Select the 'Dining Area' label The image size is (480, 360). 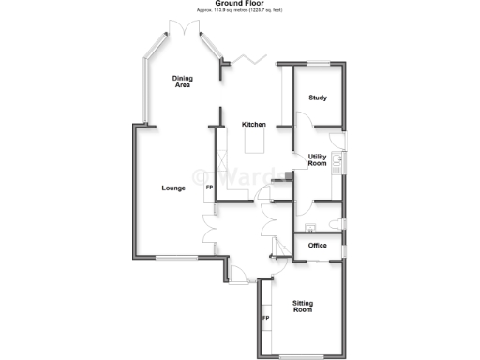[182, 82]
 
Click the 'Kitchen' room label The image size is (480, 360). [254, 125]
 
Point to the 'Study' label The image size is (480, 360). [317, 97]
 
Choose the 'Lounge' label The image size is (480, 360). [172, 188]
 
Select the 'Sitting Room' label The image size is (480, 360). [302, 307]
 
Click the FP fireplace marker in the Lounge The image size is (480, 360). [209, 188]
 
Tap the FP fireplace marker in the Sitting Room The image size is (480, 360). [265, 319]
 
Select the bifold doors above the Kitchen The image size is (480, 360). [250, 60]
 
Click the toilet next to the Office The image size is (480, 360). [308, 226]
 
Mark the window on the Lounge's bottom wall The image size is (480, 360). [175, 257]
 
